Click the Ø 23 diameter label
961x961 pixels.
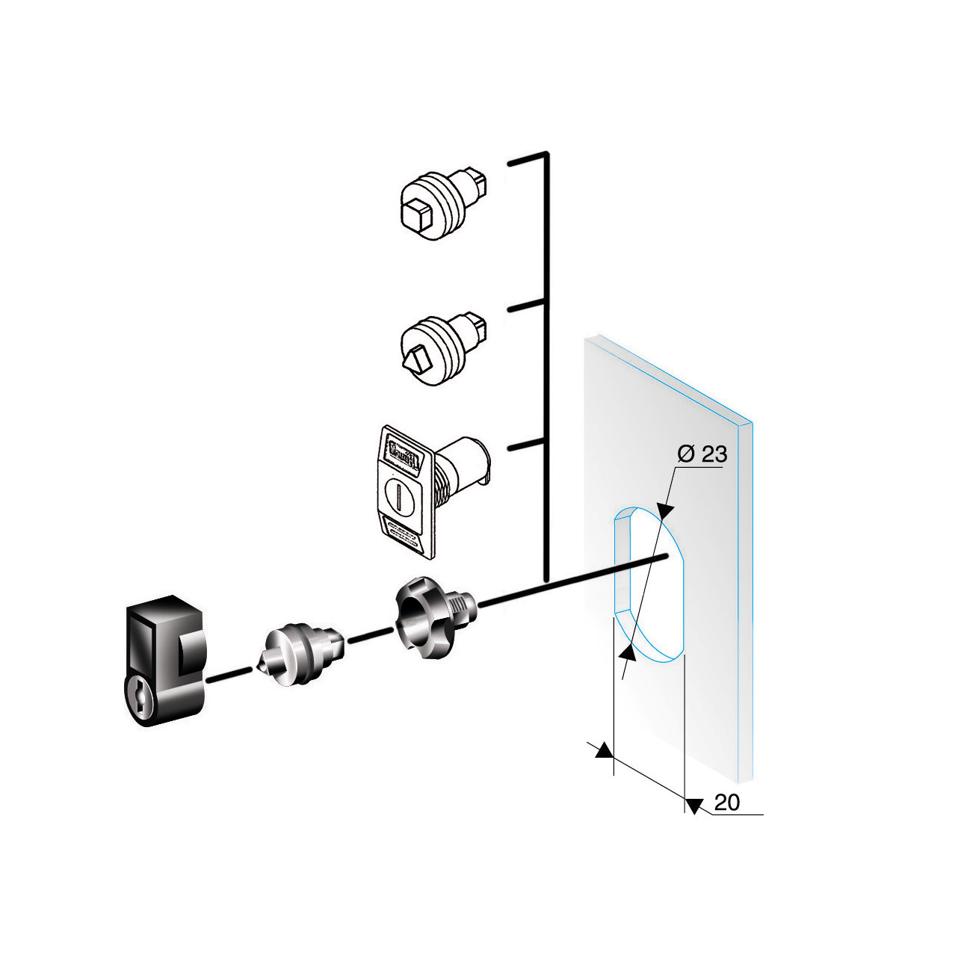point(702,454)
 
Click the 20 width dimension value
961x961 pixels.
point(726,803)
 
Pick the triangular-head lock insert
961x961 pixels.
point(441,347)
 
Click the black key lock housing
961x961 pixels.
point(164,658)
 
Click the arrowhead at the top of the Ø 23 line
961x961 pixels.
point(664,511)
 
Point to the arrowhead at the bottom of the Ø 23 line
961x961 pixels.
point(628,653)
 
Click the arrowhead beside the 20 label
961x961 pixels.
point(694,806)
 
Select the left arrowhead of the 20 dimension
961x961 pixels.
point(604,751)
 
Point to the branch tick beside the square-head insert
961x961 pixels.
point(528,161)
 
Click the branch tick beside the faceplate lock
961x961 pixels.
point(526,446)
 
